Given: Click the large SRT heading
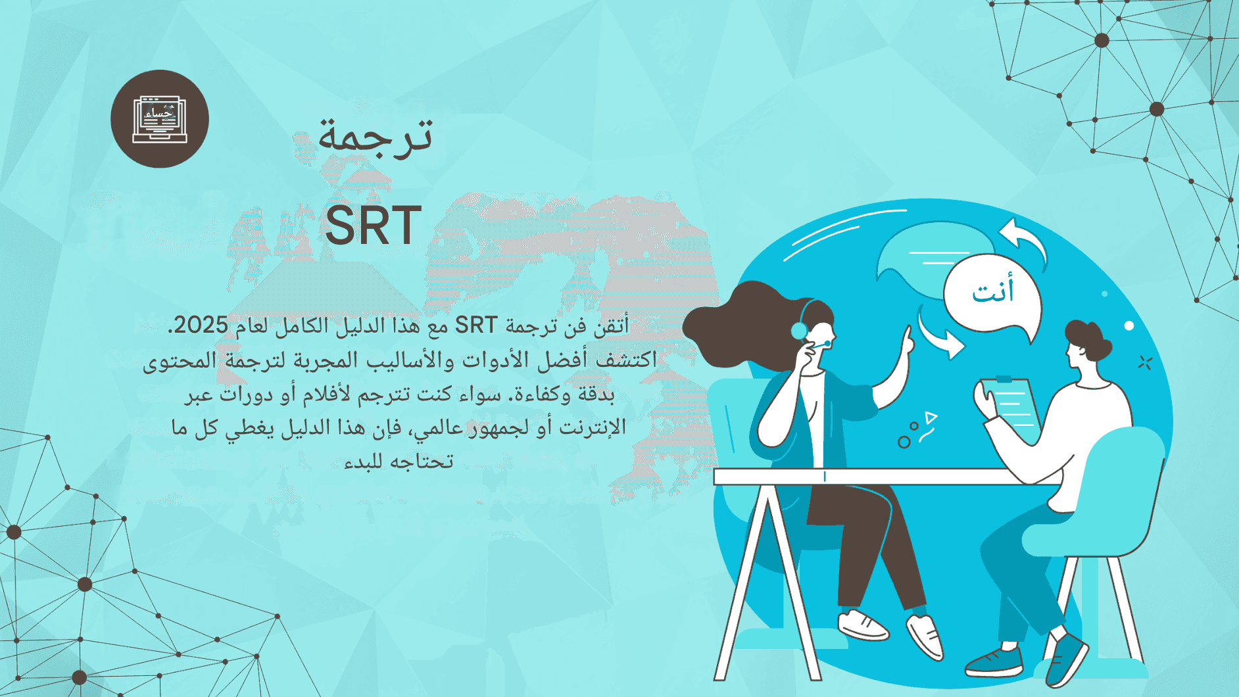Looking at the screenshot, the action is pos(373,226).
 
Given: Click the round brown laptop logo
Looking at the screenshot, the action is pos(160,119).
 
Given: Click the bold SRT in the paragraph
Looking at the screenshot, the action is pos(475,325).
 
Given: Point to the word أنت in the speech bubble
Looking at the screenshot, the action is pos(993,289).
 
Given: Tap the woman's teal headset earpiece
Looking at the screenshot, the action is pos(799,330).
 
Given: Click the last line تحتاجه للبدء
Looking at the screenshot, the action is pos(399,462).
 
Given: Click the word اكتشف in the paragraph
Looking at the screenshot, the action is pos(626,360).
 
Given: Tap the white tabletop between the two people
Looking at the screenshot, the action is pos(881,476).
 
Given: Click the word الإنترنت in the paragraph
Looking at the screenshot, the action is pos(592,428).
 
